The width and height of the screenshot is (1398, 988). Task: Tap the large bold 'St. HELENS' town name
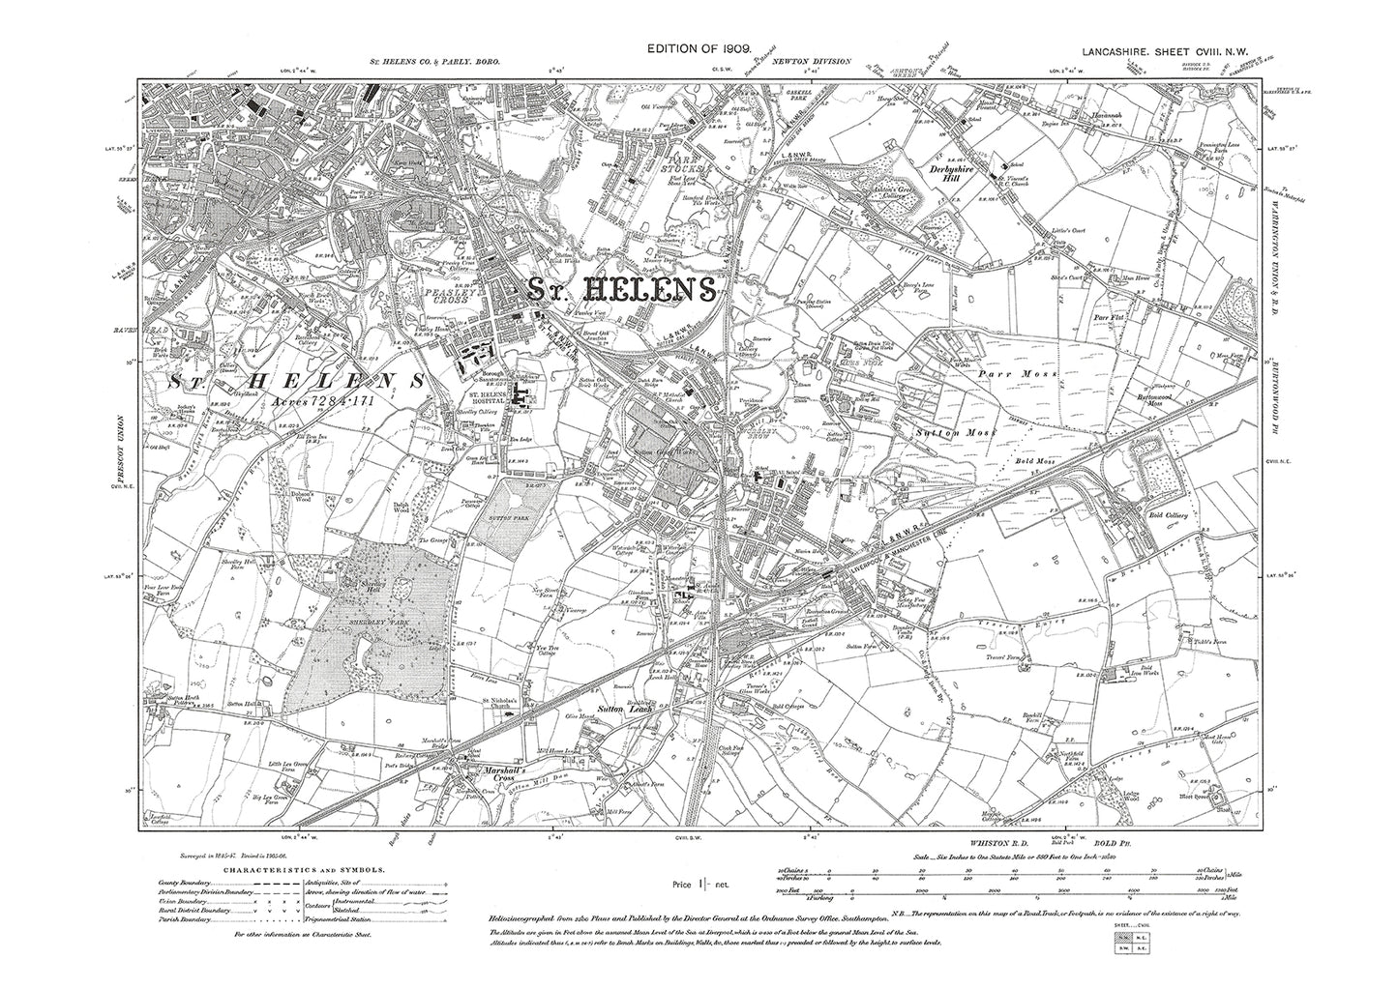pos(621,289)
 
